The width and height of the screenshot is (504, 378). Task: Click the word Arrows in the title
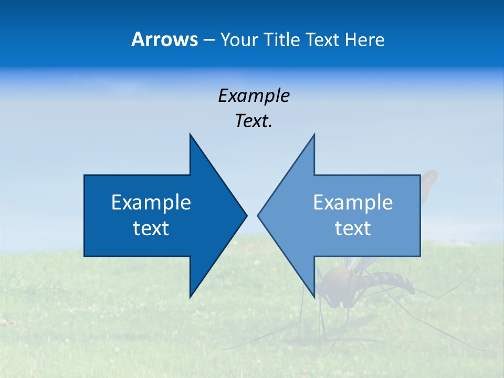[x=164, y=39]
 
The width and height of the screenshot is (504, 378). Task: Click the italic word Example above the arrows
[x=254, y=96]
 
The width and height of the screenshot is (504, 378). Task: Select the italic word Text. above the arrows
[x=254, y=121]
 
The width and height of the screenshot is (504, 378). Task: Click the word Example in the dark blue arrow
[x=151, y=202]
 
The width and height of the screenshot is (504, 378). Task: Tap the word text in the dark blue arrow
[x=151, y=228]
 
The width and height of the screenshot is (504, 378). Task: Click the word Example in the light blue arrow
[x=353, y=202]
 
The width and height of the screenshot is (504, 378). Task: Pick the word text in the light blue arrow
[x=353, y=228]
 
